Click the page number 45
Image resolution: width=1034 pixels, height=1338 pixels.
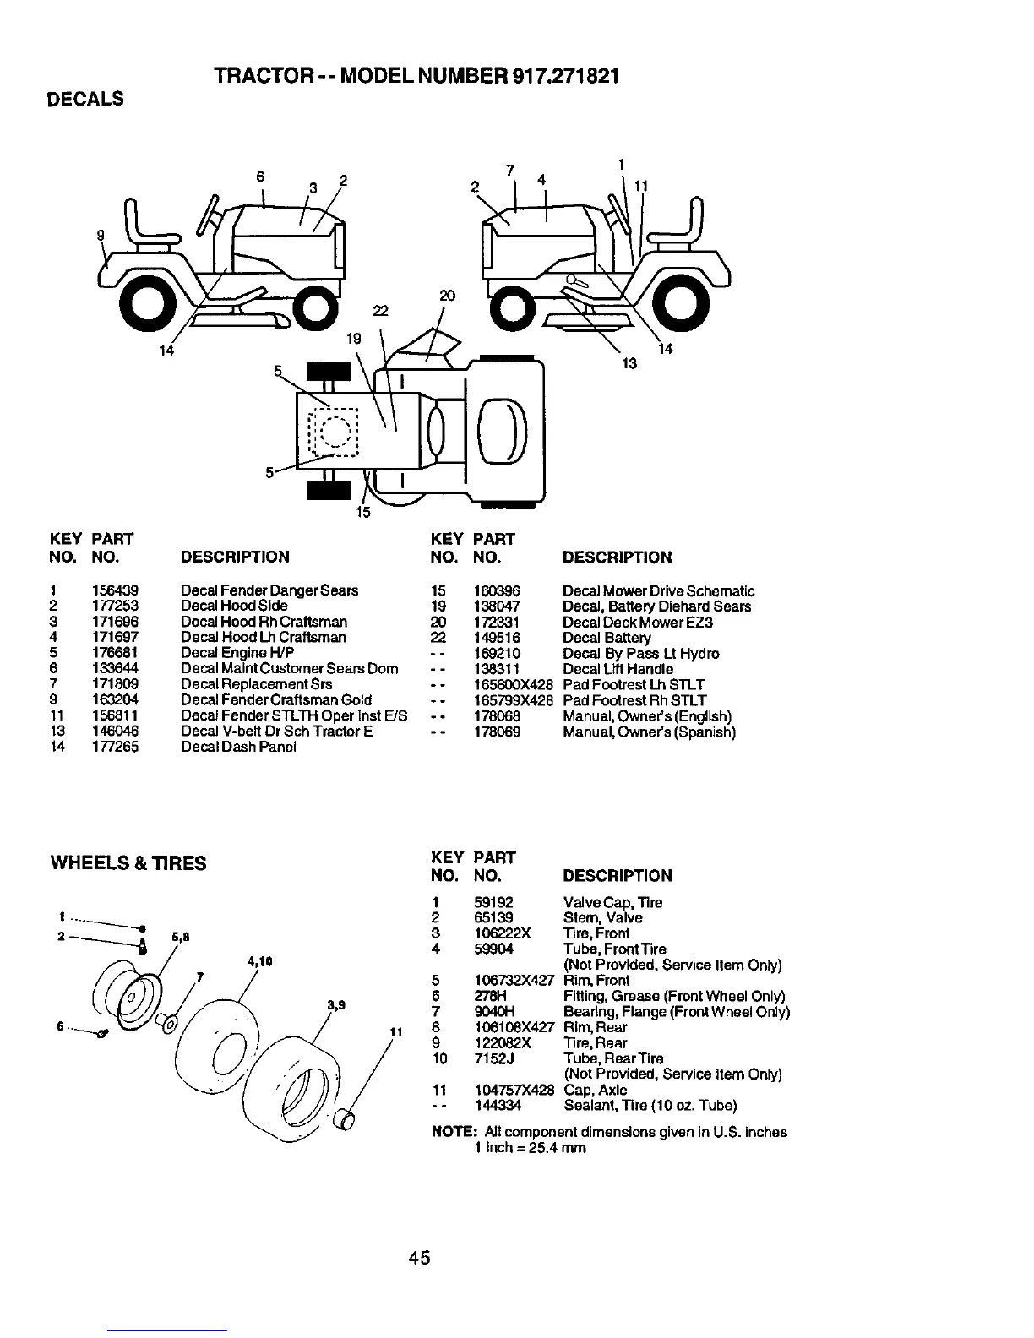(x=419, y=1258)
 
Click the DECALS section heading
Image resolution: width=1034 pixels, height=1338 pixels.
(x=84, y=99)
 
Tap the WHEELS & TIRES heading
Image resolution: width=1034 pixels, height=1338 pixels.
(x=128, y=862)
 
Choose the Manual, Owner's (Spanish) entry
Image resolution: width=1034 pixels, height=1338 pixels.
(x=649, y=732)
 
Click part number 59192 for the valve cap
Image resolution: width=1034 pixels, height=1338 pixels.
(x=493, y=902)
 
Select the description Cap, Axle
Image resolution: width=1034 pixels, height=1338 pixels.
(x=595, y=1090)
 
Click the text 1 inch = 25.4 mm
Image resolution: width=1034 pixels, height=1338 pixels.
(x=530, y=1148)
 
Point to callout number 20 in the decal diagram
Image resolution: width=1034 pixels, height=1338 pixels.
(x=447, y=296)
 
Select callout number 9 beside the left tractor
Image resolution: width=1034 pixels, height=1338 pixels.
(x=101, y=236)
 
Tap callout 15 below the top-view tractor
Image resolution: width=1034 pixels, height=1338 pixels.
(x=362, y=512)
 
